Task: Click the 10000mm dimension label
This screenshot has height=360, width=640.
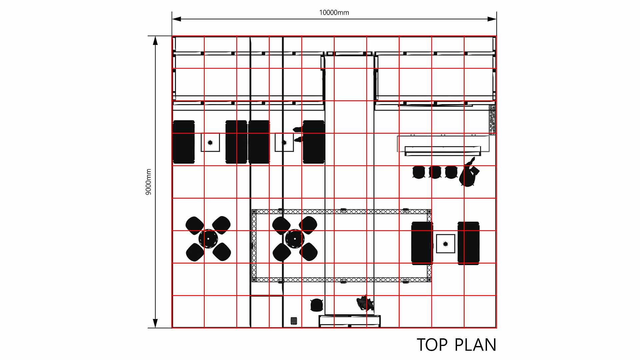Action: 334,13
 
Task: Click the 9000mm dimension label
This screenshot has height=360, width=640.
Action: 149,182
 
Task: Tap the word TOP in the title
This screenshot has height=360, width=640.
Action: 432,345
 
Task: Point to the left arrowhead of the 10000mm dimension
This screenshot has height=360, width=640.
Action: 177,19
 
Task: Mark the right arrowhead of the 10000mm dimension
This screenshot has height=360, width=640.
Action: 492,19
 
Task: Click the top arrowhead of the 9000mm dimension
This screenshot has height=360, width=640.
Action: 155,41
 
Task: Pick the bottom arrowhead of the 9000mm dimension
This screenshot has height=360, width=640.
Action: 155,323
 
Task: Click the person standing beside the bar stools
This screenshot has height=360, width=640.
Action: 469,173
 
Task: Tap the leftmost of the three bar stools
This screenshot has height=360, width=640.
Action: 418,172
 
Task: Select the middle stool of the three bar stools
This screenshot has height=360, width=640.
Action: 435,172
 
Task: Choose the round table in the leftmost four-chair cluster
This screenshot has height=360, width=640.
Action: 208,239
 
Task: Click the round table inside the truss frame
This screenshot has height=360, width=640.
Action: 295,239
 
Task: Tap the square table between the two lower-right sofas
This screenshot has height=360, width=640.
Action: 446,244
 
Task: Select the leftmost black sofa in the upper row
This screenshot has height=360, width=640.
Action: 184,142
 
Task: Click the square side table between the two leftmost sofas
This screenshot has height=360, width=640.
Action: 210,142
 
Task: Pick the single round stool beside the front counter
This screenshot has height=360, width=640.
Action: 317,305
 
